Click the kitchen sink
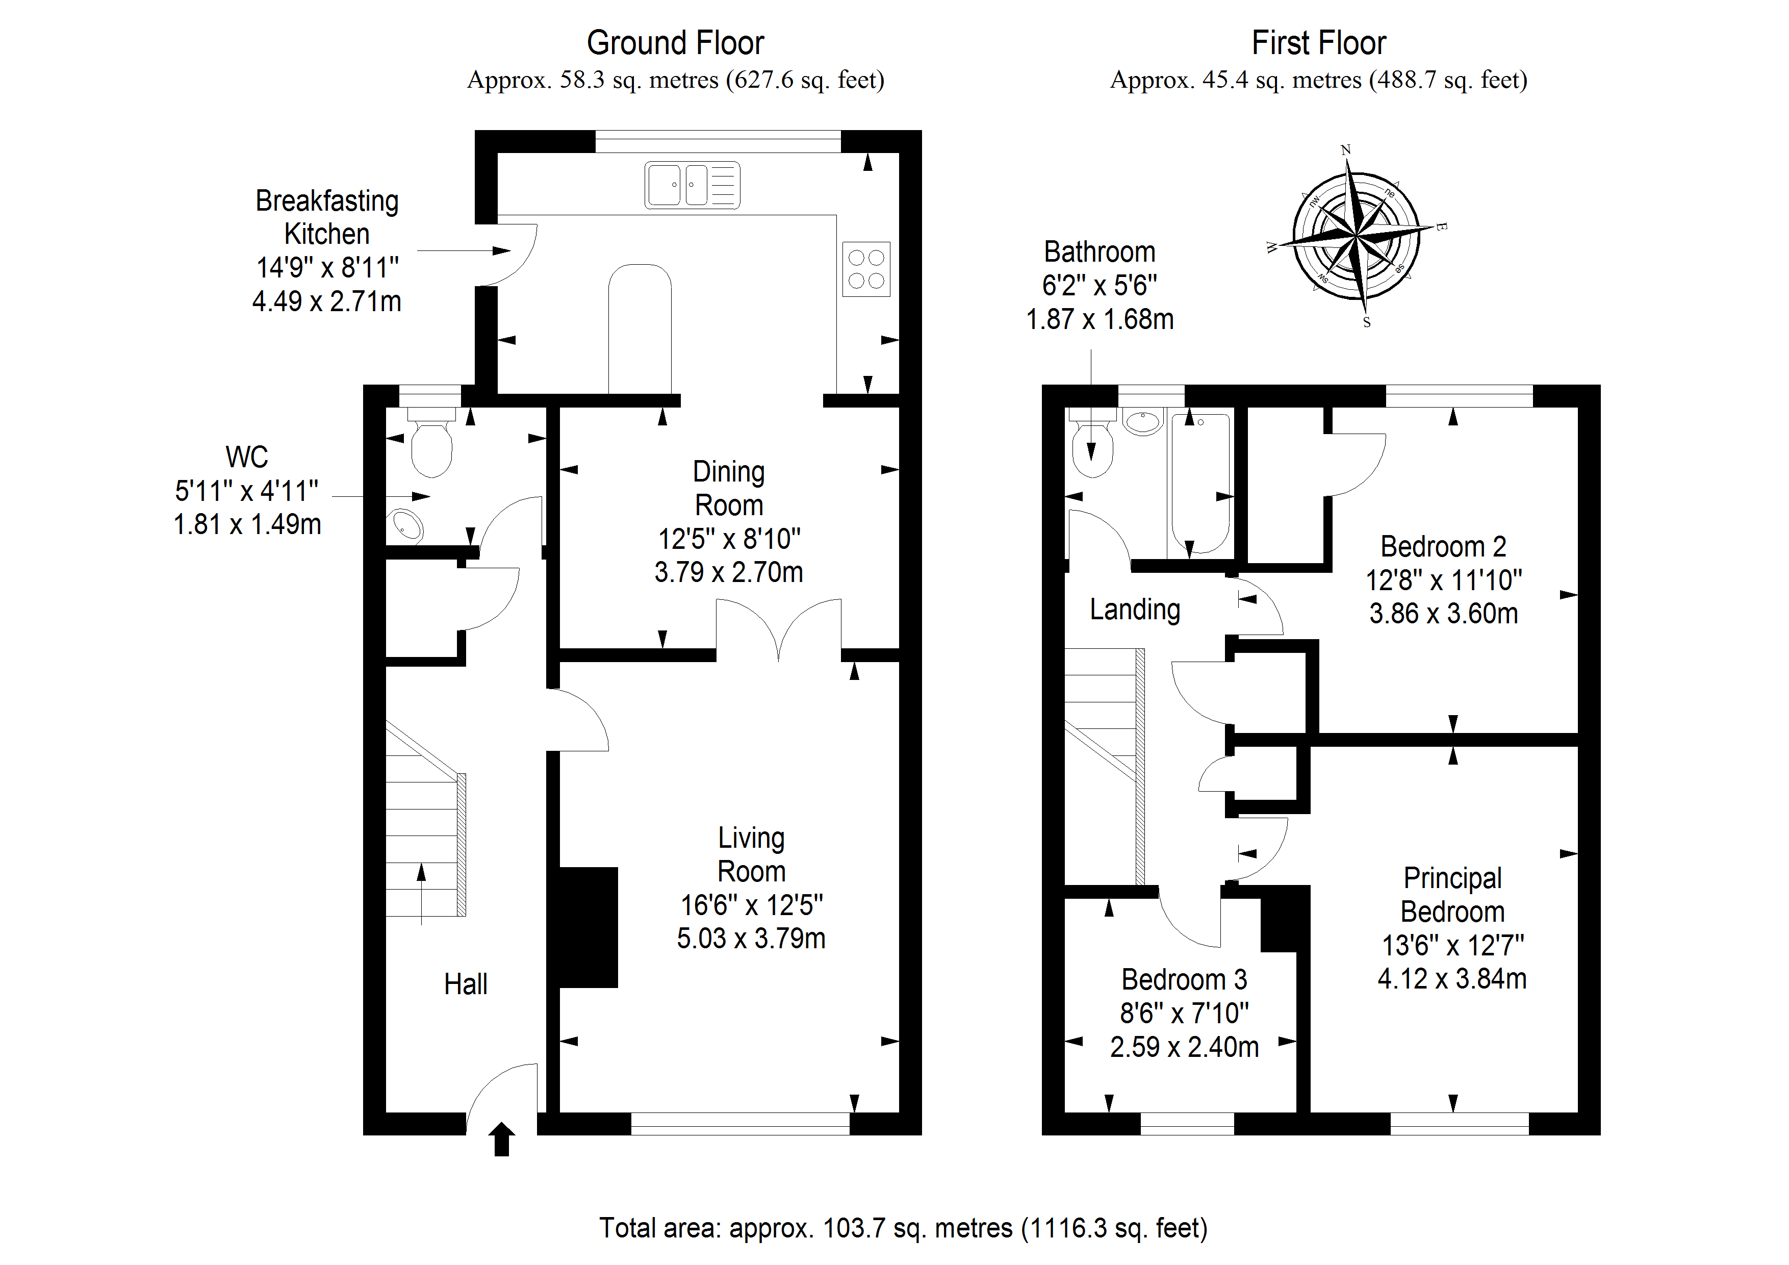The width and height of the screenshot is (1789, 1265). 692,186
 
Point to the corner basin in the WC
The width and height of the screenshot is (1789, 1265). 407,525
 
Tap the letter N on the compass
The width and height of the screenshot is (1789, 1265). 1345,149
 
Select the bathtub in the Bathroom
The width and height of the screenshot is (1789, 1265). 1200,483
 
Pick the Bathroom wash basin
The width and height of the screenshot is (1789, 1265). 1143,422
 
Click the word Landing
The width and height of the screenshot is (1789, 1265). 1135,610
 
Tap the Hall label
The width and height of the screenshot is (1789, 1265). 466,984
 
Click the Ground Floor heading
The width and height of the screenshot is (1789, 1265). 675,43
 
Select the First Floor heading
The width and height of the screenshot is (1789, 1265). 1318,43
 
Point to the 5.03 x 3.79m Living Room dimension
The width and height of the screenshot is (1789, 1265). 751,939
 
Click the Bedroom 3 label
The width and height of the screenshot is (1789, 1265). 1184,979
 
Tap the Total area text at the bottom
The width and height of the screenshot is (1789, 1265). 902,1228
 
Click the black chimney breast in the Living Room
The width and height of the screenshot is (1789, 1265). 589,927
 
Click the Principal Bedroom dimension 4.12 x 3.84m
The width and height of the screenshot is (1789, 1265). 1451,979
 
